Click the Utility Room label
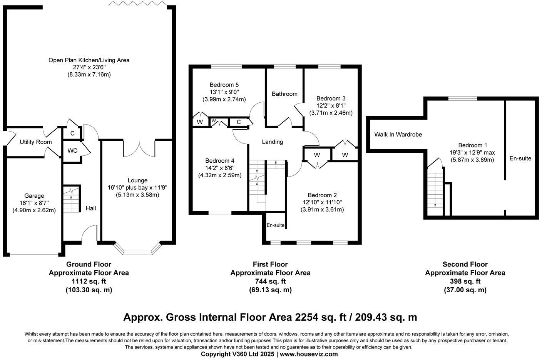(35, 142)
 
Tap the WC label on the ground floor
(72, 150)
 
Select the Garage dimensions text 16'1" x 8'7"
(34, 203)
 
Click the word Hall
(91, 208)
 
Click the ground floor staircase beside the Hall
(72, 200)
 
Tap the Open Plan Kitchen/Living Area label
(89, 60)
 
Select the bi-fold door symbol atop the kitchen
(137, 3)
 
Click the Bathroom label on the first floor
(284, 94)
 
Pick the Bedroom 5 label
(224, 85)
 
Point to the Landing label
(273, 142)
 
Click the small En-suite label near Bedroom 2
(276, 225)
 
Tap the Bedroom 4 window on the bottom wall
(220, 212)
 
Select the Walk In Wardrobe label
(398, 135)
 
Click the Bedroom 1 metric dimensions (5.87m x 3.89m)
(472, 160)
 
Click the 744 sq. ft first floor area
(270, 281)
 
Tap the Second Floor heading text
(465, 264)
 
